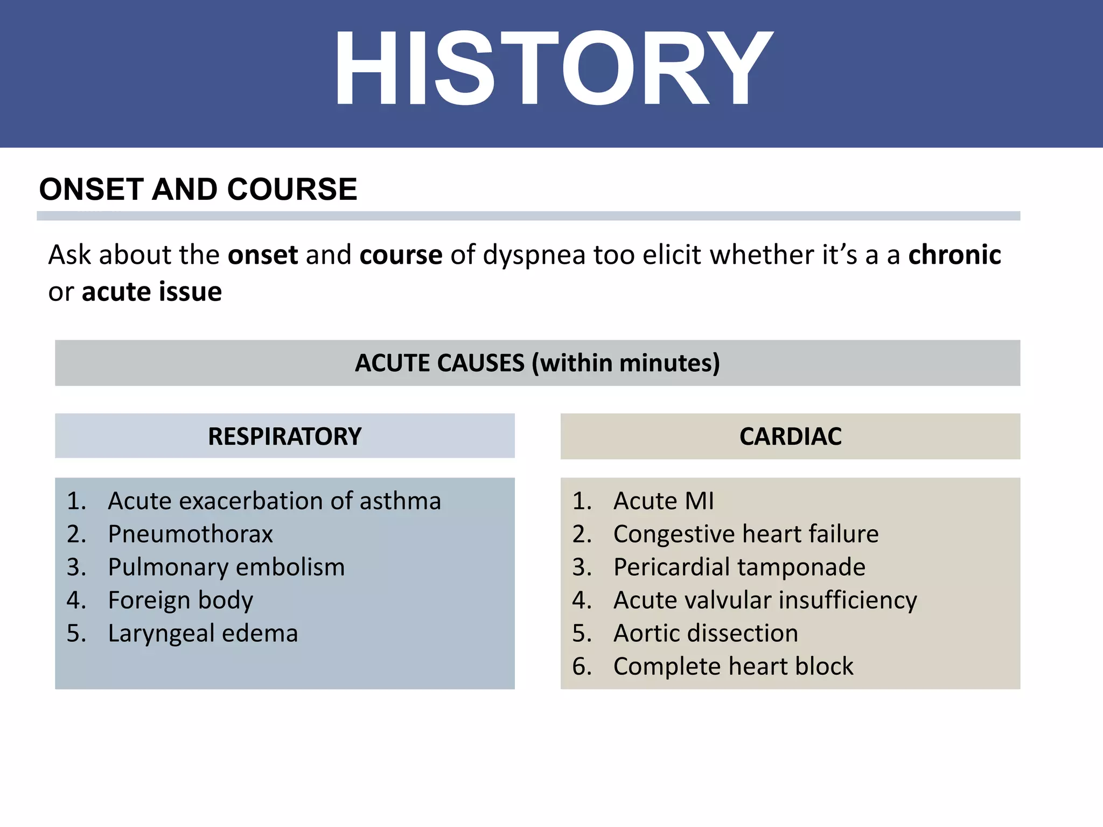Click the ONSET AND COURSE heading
[198, 190]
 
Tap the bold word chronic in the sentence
[954, 255]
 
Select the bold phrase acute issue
[151, 292]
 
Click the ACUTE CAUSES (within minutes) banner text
[537, 363]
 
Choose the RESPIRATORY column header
[284, 436]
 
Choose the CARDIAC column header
[790, 436]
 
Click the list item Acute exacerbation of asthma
[274, 501]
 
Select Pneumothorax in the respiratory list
[190, 534]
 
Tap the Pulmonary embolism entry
[226, 567]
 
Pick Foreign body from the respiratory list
[180, 600]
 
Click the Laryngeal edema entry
[203, 633]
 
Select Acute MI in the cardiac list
[664, 501]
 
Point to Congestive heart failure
[746, 534]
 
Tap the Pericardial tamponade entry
[739, 567]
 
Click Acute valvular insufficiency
[765, 600]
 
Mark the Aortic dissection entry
[706, 633]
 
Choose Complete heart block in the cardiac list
[733, 667]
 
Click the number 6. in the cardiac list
[582, 667]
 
